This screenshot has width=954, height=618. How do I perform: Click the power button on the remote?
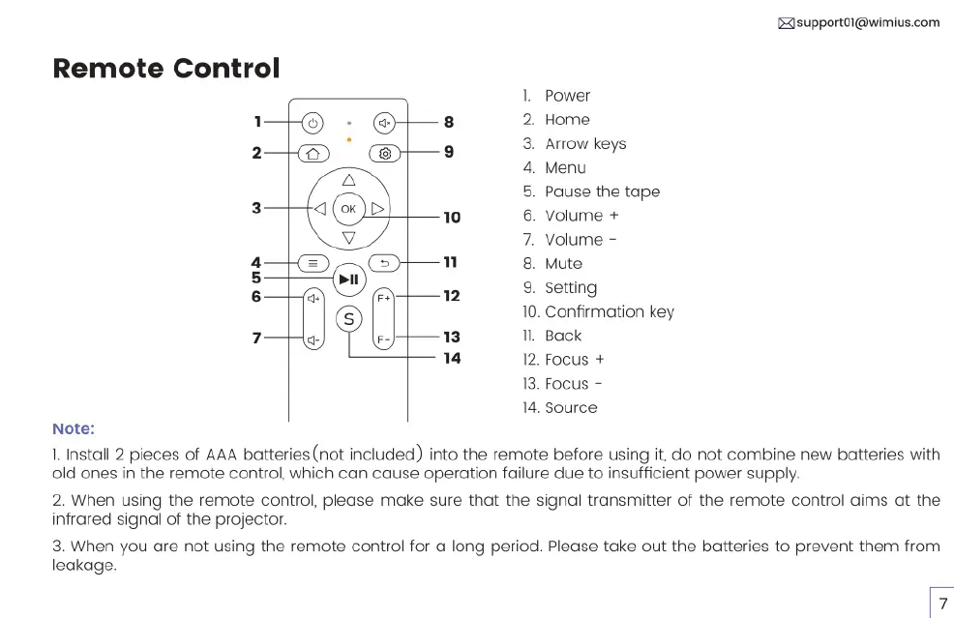(x=312, y=123)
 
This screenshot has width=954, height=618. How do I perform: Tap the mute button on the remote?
(x=385, y=123)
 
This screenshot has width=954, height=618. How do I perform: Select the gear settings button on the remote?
(x=385, y=153)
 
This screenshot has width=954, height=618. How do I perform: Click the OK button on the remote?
(x=348, y=208)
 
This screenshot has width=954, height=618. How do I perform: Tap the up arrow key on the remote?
(x=348, y=179)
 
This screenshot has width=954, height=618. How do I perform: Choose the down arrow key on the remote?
(x=348, y=238)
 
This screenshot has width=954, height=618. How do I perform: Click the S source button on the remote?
(x=348, y=318)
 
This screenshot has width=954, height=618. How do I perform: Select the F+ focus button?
(x=384, y=298)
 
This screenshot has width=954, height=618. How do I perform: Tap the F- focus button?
(x=384, y=339)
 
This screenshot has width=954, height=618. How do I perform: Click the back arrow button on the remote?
(x=384, y=262)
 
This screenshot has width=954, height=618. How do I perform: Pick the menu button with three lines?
(x=312, y=262)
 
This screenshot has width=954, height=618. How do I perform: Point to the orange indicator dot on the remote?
(x=348, y=139)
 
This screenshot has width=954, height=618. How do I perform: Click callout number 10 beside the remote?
(x=452, y=218)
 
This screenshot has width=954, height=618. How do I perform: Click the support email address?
(x=867, y=22)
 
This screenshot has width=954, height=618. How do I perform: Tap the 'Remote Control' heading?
(x=166, y=69)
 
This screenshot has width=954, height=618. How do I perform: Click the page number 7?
(x=942, y=603)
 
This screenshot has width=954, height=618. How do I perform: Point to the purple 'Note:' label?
(x=74, y=428)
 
